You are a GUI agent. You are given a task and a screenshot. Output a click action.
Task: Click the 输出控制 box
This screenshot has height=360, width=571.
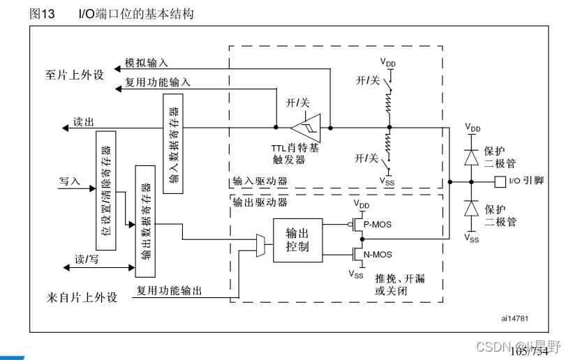pos(298,240)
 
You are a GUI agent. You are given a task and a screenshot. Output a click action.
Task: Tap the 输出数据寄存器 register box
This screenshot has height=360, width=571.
pos(145,221)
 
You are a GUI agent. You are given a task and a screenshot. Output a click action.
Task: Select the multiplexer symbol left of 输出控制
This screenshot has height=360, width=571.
pos(261,245)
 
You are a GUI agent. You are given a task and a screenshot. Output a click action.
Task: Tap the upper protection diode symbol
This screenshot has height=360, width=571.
pos(471,158)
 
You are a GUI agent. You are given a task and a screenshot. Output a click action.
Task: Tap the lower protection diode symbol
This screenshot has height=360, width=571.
pos(471,209)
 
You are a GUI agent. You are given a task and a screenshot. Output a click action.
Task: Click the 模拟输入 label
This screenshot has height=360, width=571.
pos(146,63)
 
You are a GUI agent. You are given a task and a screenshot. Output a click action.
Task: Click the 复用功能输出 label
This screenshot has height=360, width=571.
pos(169,290)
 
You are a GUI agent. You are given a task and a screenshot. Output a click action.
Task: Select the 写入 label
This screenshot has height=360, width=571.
pos(71,181)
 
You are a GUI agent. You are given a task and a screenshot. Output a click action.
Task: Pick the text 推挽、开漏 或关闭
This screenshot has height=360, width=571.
pos(399,285)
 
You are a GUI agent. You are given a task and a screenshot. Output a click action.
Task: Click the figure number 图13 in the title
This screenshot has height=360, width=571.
pos(43,13)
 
